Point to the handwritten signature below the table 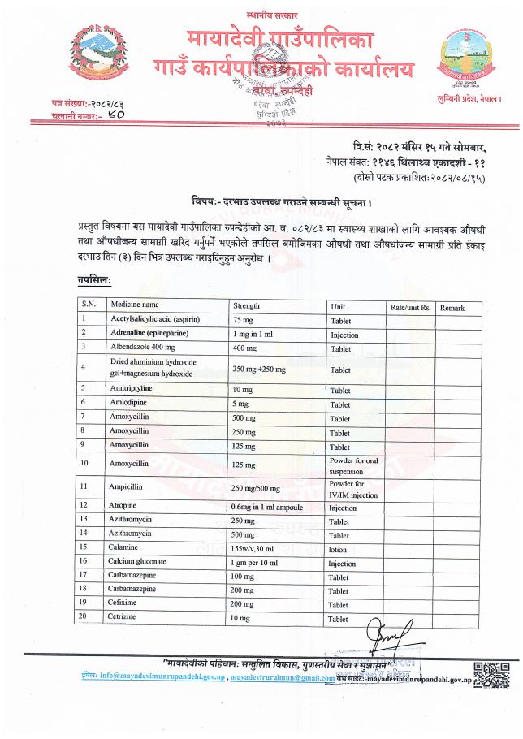[387, 632]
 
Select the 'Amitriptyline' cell [130, 389]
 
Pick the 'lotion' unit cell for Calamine [338, 549]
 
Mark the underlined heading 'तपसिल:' [94, 279]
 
